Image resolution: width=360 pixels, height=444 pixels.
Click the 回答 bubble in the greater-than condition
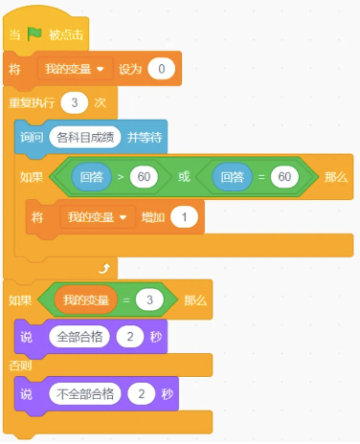pos(93,177)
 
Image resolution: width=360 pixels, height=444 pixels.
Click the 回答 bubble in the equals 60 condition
pos(232,177)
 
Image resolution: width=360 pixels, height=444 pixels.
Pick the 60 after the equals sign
pos(283,177)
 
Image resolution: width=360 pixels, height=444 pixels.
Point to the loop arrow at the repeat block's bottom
pos(104,267)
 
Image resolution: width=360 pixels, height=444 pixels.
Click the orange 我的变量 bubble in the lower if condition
pos(86,300)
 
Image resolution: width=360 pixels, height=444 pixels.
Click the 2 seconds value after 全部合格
pos(131,337)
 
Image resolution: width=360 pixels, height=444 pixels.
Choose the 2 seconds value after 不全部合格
pos(143,394)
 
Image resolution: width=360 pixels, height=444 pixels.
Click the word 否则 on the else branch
pos(19,366)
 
